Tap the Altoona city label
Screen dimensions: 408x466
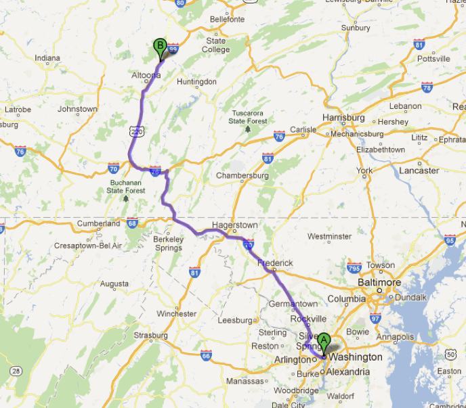point(146,75)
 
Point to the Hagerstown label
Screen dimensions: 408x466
point(234,225)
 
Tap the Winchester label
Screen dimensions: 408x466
point(176,313)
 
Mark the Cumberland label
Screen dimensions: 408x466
point(98,223)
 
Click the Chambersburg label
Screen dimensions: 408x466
point(242,175)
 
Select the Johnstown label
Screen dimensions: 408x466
point(77,109)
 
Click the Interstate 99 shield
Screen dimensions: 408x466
point(173,48)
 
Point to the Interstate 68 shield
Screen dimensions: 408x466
point(132,223)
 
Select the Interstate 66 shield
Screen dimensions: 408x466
point(206,355)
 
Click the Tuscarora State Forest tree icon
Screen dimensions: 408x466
point(248,129)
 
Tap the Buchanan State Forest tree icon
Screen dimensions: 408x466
point(125,198)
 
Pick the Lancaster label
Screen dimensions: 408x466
point(419,171)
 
